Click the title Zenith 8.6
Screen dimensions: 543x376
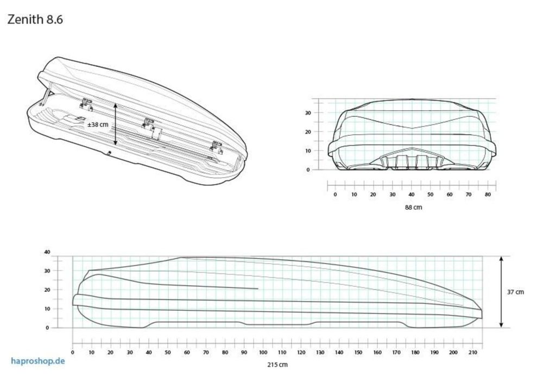tap(35, 20)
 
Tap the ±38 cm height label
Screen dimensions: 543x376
tap(98, 124)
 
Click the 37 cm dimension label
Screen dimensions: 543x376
tap(515, 292)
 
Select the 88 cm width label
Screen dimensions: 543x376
tap(413, 207)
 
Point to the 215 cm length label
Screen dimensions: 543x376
tap(277, 365)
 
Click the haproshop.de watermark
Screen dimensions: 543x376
tap(38, 361)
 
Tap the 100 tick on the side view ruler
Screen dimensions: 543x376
tap(263, 353)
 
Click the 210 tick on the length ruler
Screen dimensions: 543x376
tap(472, 353)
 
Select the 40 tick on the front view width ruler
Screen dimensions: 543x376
tap(412, 195)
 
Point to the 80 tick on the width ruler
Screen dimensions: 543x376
tap(488, 195)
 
